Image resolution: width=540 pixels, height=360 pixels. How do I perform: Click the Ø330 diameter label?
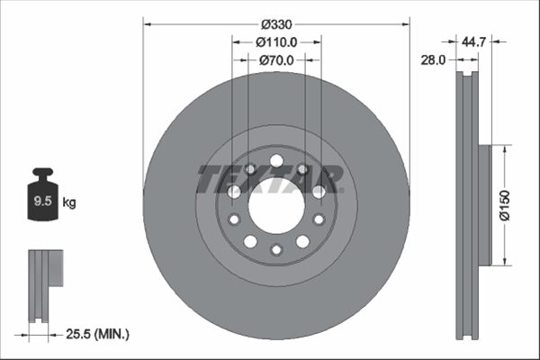pos(276,24)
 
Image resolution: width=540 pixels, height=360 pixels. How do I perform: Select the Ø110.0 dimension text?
pos(276,42)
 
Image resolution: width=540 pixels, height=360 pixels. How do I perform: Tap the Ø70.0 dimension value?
pos(276,60)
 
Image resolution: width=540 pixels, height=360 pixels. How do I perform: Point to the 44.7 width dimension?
pos(473,42)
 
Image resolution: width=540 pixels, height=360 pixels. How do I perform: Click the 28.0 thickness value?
pos(433,60)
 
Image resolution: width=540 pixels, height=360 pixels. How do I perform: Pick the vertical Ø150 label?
pos(505,205)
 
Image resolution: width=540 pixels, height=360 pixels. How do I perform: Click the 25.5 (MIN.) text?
pos(97,334)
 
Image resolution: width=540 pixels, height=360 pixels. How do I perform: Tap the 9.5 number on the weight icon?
pos(42,201)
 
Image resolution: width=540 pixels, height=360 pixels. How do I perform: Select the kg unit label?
pos(69,202)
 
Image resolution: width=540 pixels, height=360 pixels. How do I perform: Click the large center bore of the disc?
pos(276,206)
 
